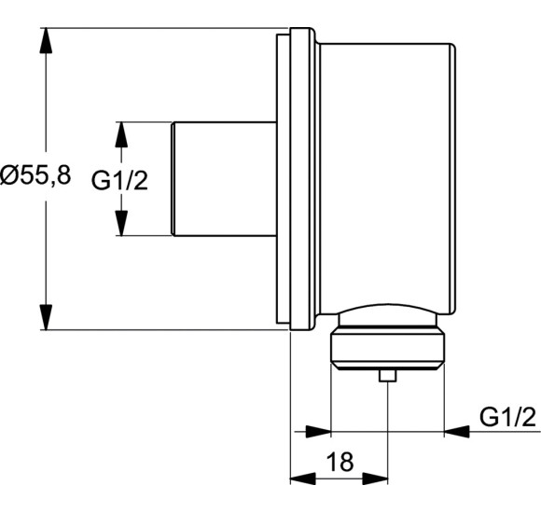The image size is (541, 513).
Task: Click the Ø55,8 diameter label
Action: (x=35, y=176)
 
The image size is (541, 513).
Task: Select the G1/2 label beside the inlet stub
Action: (x=119, y=179)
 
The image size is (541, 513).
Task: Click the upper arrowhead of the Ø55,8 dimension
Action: (x=45, y=38)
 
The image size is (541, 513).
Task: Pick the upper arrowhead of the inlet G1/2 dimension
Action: (x=120, y=132)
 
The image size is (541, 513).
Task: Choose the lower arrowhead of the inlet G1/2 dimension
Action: (x=120, y=225)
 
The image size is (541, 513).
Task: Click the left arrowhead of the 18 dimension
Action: (x=300, y=478)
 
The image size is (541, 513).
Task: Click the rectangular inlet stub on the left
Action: (x=224, y=178)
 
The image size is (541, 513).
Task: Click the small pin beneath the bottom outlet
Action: (x=386, y=376)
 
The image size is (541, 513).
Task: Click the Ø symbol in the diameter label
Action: (x=10, y=176)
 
